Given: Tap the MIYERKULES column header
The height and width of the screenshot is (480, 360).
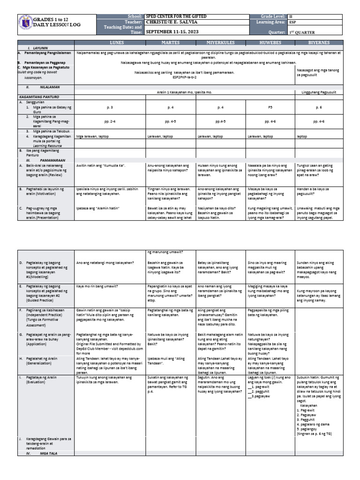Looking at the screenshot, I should point(220,43).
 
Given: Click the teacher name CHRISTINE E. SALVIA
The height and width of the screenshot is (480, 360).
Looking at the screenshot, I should point(172,22).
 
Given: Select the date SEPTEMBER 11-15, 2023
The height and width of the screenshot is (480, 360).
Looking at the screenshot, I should point(173,32).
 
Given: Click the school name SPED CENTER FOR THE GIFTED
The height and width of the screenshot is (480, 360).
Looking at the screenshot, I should point(176,16).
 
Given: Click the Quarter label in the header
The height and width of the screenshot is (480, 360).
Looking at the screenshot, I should point(276,32).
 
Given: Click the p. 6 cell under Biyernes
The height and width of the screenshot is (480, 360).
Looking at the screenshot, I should point(322,108).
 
